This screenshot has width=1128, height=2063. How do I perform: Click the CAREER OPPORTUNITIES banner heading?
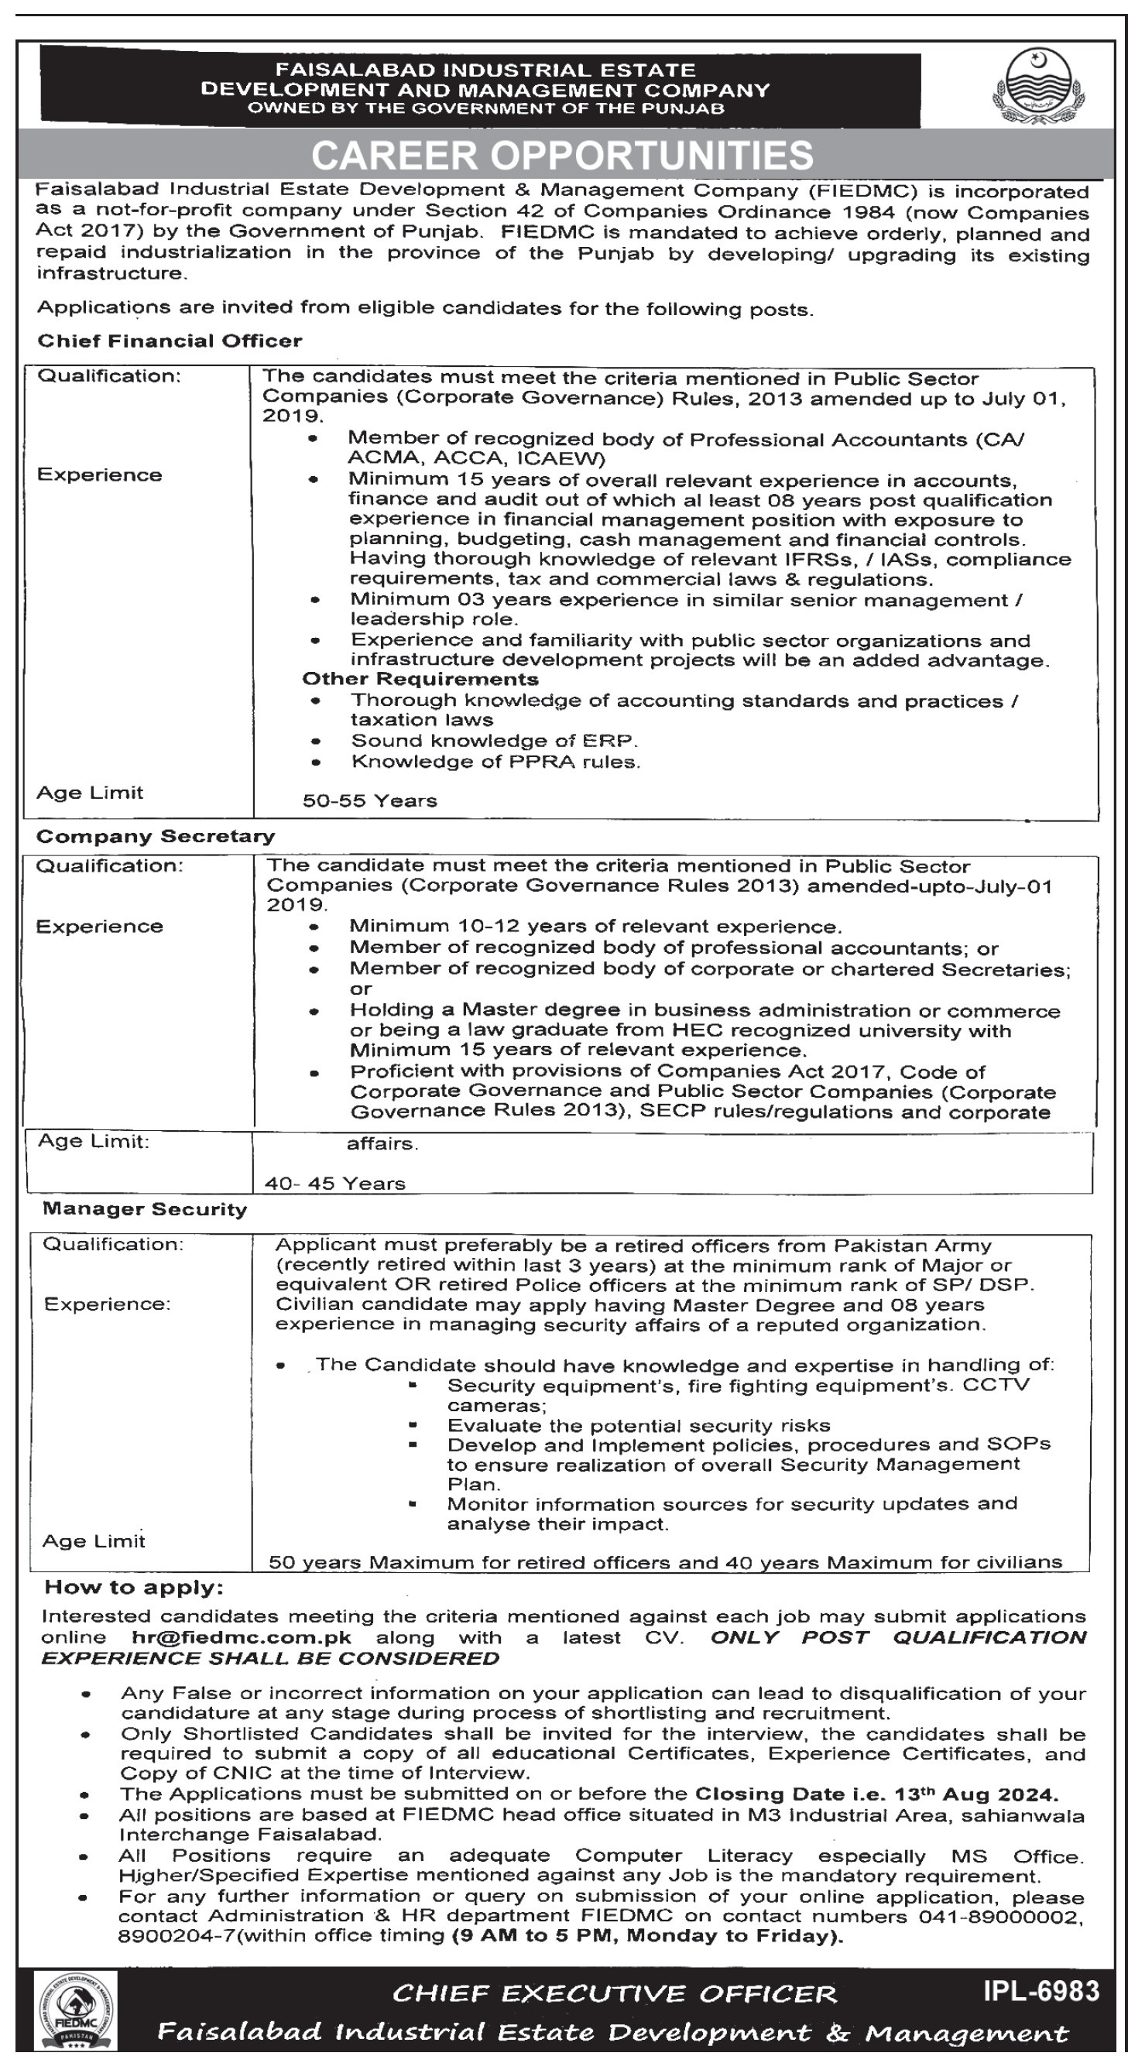[562, 156]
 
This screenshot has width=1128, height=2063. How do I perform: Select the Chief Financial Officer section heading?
[170, 341]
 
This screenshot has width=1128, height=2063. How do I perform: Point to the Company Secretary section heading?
[156, 836]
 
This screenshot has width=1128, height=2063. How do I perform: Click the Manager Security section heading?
[145, 1208]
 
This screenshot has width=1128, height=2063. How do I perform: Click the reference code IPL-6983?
[1041, 1992]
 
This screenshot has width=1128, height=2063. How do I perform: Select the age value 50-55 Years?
[369, 801]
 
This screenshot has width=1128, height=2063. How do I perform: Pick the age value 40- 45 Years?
[335, 1184]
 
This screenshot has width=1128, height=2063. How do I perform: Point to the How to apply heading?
[134, 1587]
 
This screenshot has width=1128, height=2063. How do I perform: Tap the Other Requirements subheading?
[420, 679]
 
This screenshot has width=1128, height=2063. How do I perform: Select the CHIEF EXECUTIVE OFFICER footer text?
[615, 1993]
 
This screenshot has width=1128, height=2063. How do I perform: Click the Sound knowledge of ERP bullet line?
[494, 741]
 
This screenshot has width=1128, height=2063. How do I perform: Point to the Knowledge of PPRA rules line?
[496, 762]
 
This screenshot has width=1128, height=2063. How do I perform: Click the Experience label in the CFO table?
[99, 475]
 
